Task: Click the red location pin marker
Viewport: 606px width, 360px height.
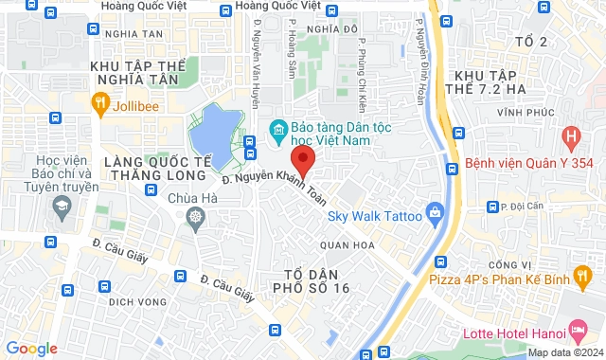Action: tap(301, 158)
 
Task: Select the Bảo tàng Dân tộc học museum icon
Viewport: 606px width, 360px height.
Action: tap(278, 128)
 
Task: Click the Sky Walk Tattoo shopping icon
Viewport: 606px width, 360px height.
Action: tap(435, 210)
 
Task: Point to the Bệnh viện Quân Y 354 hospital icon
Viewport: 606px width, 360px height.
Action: tap(570, 137)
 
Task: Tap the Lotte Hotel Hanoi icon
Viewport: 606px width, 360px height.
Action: tap(577, 332)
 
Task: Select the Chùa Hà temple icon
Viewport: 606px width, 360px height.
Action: tap(195, 219)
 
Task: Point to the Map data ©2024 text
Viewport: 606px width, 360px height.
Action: tap(564, 352)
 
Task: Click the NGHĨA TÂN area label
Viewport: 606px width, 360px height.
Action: tap(134, 34)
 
